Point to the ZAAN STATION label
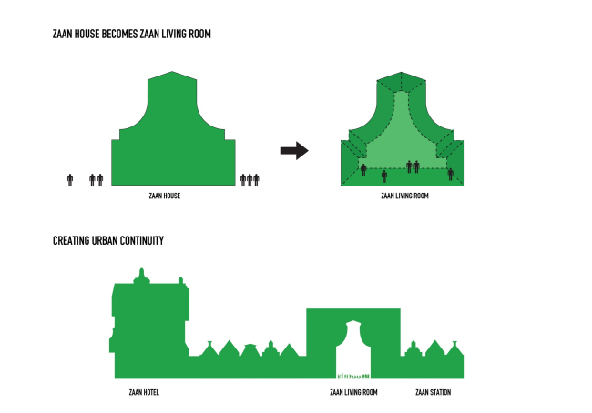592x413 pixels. click(433, 392)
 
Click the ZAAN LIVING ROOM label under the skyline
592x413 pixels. click(353, 392)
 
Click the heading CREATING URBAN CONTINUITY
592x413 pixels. click(108, 241)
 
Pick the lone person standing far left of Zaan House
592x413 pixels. click(70, 179)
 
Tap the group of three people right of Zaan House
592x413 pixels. click(250, 179)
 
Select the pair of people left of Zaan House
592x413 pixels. click(96, 179)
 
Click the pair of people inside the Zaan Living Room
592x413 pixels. click(413, 166)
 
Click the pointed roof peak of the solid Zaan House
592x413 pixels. click(173, 74)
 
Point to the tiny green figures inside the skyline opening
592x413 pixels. click(352, 374)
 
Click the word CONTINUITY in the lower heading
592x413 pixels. click(142, 241)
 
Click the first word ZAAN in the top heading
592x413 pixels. click(64, 34)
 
